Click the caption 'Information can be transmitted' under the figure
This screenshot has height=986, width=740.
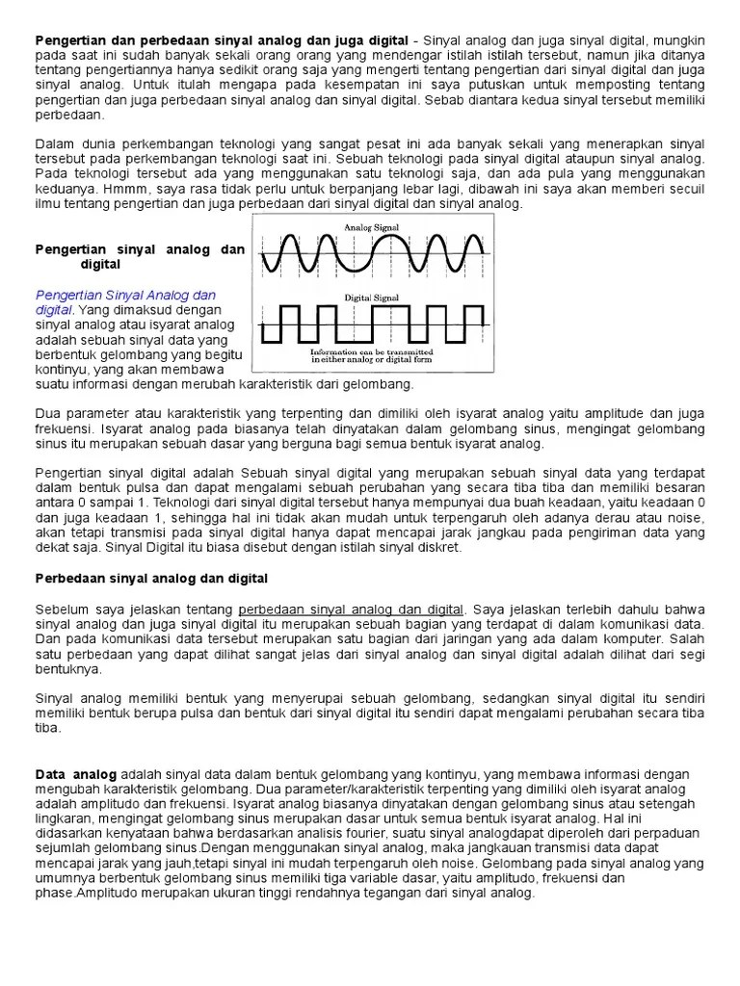371,352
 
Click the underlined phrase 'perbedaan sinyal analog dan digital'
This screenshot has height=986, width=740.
350,610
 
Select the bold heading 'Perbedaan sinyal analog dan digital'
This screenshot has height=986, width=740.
151,578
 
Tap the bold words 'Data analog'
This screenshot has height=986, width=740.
76,774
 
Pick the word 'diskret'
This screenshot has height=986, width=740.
438,547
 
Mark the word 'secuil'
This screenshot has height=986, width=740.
684,190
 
